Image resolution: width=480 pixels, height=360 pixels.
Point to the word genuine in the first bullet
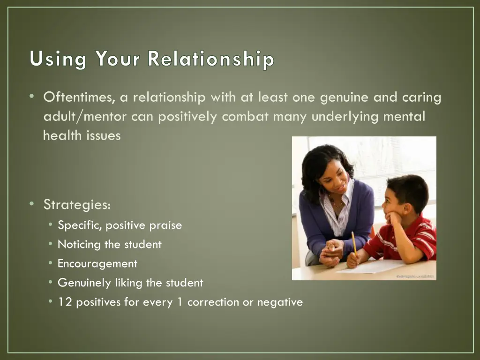pos(345,97)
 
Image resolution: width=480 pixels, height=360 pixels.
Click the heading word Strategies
pos(77,205)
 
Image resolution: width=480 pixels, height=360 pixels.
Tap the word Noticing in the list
pos(79,245)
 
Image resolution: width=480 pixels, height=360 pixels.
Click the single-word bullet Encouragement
pos(97,263)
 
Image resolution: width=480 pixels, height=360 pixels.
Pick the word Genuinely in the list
pos(84,283)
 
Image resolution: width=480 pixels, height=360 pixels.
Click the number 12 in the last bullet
pos(65,302)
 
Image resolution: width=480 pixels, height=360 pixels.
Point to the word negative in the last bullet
pos(280,302)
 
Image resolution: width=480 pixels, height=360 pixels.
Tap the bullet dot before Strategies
pos(31,204)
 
